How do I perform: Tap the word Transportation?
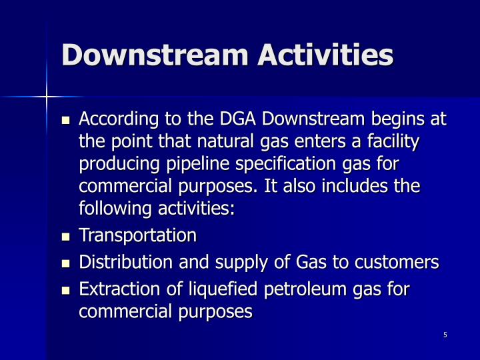click(x=138, y=235)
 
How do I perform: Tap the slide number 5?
click(x=445, y=335)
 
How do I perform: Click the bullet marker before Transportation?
click(x=65, y=236)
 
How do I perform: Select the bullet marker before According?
click(x=65, y=121)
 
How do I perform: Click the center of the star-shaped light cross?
click(x=47, y=97)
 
